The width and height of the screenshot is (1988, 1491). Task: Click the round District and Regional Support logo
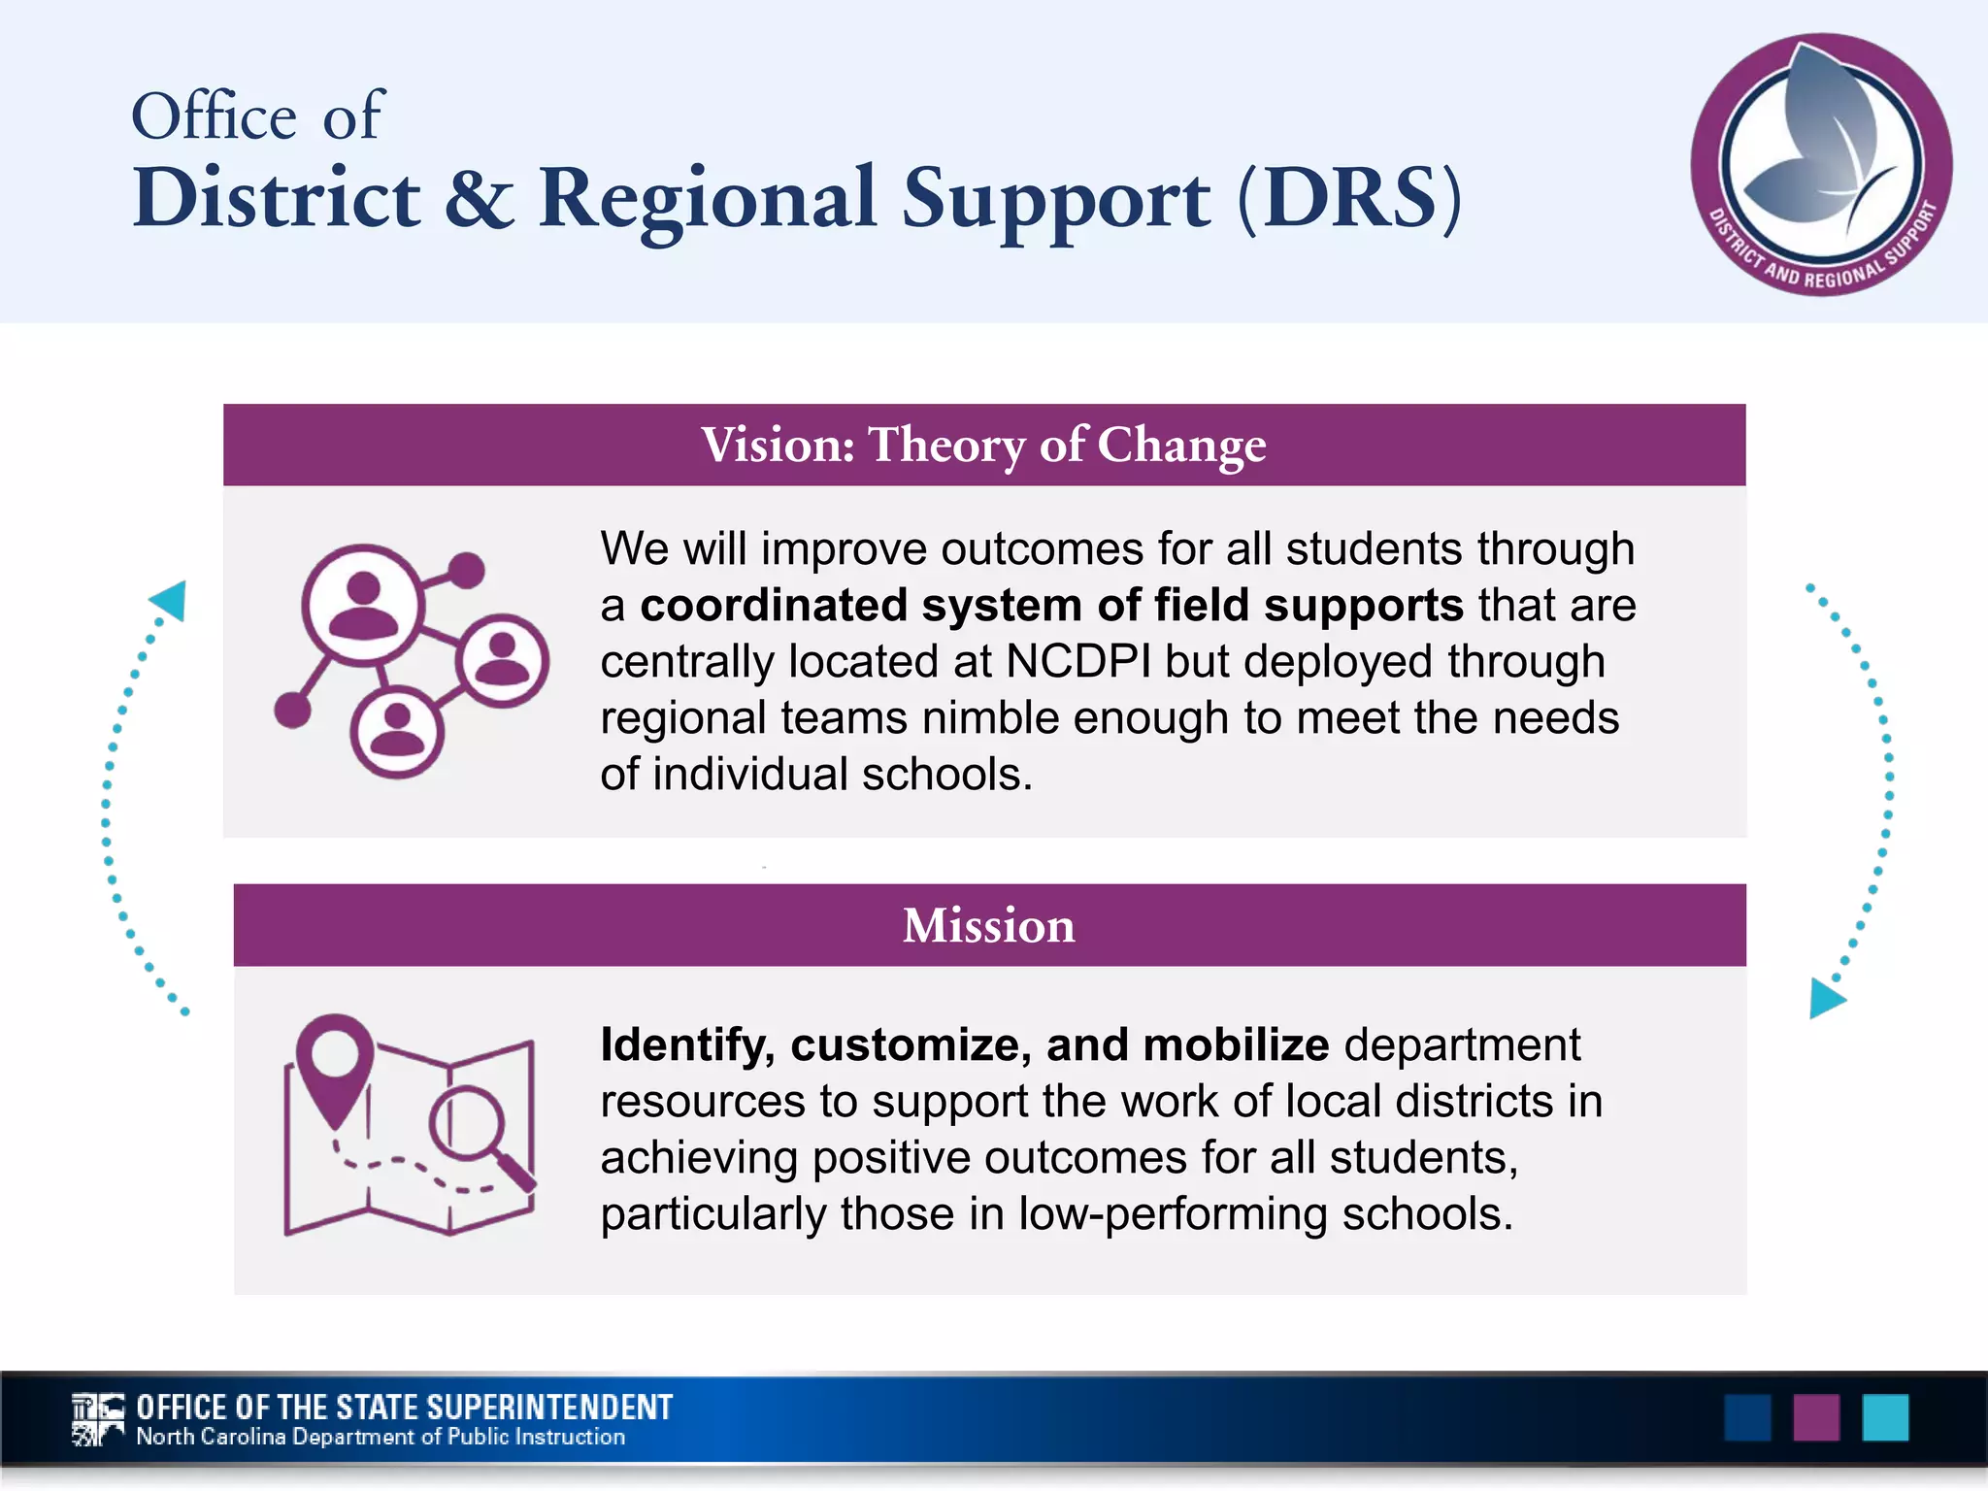coord(1821,165)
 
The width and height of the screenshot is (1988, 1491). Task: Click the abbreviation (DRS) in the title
coord(1349,198)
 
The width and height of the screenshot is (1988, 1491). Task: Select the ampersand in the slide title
coord(479,198)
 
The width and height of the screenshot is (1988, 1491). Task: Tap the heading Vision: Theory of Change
coord(983,446)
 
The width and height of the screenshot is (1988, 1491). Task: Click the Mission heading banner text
coord(988,925)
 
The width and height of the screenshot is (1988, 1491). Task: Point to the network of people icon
coord(411,660)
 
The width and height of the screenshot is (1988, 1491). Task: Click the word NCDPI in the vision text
coord(1077,662)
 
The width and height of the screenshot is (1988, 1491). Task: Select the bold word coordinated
coord(772,606)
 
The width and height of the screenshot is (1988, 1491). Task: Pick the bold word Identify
coord(685,1045)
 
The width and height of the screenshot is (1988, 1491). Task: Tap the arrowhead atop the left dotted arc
coord(170,600)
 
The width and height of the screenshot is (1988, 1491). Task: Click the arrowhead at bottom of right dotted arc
coord(1825,999)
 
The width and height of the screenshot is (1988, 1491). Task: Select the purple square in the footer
coord(1816,1418)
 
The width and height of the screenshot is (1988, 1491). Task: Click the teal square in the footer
coord(1885,1418)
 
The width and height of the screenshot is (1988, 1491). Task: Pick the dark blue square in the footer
coord(1747,1418)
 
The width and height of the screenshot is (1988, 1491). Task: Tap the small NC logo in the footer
coord(98,1419)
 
